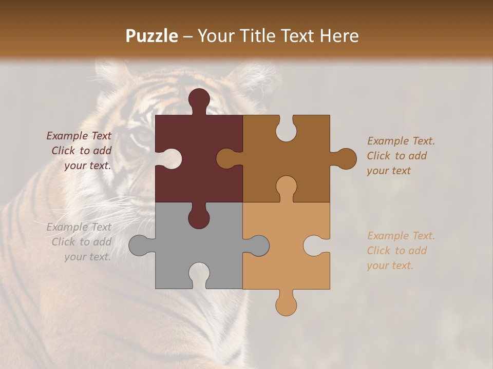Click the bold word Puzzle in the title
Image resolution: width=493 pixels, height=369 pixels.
click(x=152, y=36)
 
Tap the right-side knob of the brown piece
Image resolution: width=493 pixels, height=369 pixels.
click(x=345, y=159)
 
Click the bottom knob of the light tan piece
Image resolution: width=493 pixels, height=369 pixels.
click(x=286, y=304)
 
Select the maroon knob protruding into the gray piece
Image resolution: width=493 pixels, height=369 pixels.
click(x=199, y=217)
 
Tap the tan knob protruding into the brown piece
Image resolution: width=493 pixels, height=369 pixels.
click(x=286, y=187)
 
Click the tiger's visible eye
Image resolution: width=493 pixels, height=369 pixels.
click(x=142, y=136)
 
